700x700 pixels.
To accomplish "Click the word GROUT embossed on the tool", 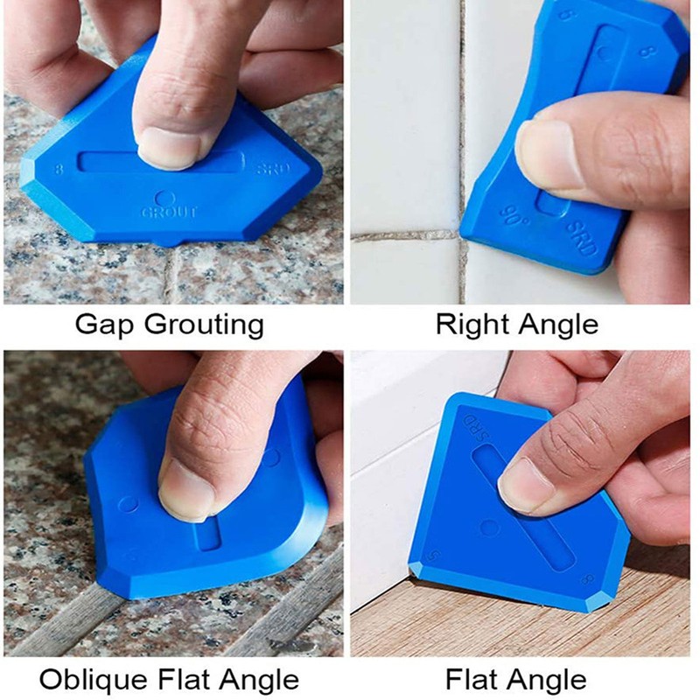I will click(171, 212).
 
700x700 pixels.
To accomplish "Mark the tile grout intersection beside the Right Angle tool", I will click(458, 234).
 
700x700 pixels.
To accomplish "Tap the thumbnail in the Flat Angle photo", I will click(525, 484).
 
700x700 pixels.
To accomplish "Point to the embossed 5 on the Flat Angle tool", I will click(435, 556).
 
